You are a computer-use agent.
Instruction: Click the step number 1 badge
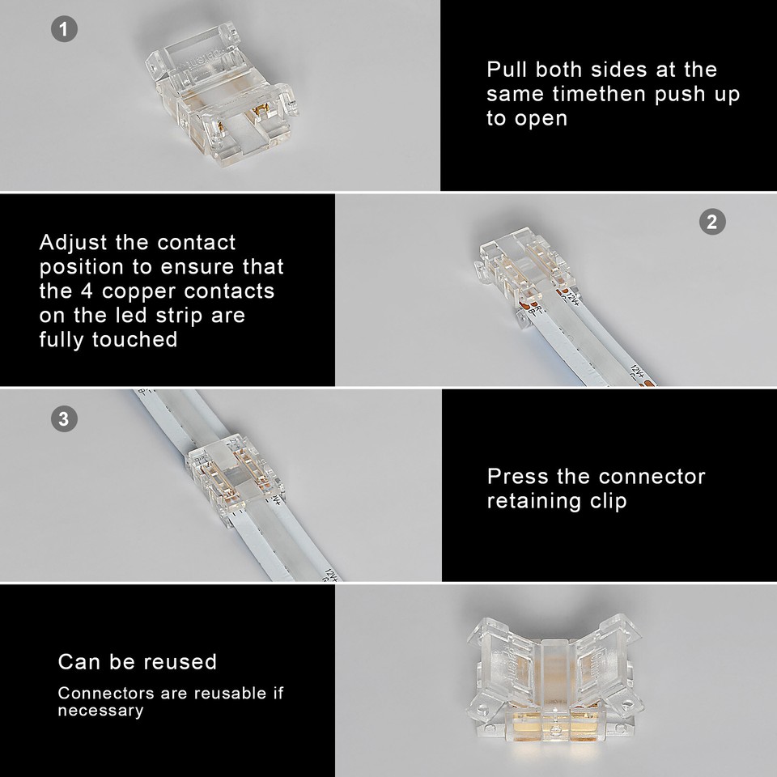[64, 30]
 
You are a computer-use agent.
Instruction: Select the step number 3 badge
[64, 418]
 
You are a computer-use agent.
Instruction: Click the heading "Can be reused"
[138, 661]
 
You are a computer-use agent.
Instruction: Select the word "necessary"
[100, 711]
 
